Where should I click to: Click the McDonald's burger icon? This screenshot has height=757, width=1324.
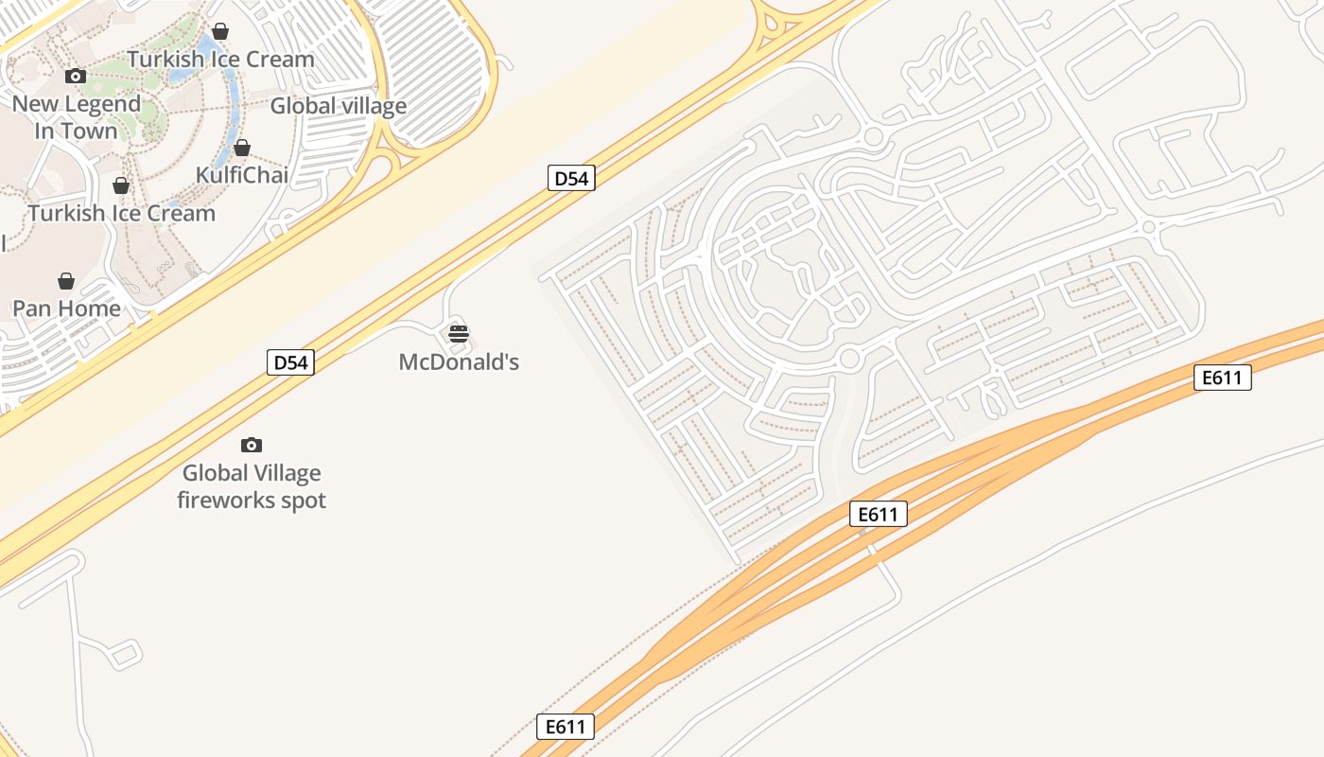459,333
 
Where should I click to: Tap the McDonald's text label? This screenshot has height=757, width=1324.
459,361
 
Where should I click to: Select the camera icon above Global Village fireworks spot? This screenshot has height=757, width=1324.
252,445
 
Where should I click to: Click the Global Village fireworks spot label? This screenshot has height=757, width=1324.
252,486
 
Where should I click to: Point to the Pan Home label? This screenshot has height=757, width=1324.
66,308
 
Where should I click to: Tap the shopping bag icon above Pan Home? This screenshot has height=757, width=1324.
66,281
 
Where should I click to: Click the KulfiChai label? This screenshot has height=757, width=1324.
242,175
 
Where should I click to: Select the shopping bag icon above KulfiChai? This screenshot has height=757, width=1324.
242,148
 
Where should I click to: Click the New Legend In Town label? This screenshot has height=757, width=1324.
77,117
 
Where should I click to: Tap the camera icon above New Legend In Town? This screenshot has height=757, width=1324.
76,76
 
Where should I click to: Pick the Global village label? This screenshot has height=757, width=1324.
339,106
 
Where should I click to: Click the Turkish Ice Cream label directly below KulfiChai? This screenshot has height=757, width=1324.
122,213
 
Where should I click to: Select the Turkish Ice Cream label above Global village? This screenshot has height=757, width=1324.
221,59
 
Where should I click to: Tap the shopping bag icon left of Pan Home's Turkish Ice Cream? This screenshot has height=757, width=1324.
121,185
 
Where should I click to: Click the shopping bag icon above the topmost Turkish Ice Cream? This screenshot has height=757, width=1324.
220,31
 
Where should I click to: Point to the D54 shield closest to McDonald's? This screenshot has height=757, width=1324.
290,362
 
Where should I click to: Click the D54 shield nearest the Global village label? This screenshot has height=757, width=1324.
571,178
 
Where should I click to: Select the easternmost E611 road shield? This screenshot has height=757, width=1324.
1222,378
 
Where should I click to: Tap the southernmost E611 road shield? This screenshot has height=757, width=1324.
566,727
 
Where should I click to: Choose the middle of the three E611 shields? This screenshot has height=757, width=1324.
878,514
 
